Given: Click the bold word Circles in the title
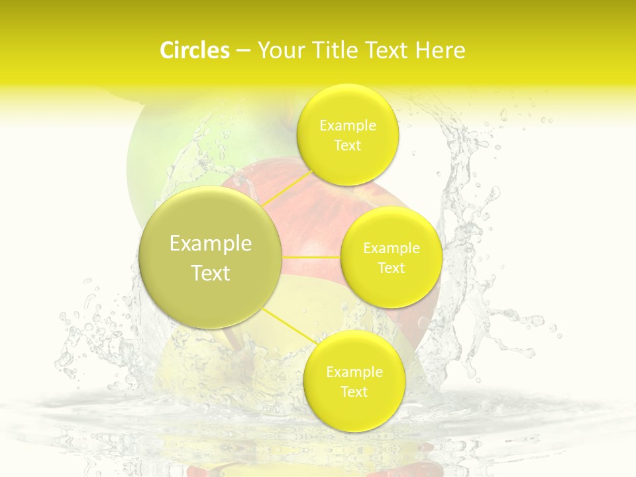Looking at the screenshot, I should tap(195, 50).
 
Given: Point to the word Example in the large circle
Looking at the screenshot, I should tap(211, 244).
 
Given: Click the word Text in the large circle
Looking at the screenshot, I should tap(211, 273).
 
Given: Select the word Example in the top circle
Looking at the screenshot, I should tap(348, 125).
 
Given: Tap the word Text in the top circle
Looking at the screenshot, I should tap(348, 145).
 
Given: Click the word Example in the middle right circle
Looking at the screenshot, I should tap(392, 248).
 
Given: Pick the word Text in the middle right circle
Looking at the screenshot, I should tap(392, 268).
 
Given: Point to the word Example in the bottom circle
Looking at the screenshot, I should tap(354, 372).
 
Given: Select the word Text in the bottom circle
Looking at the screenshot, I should tap(354, 392).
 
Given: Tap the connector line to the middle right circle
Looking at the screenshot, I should tap(311, 256).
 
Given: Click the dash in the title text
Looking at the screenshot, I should tap(242, 51).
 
